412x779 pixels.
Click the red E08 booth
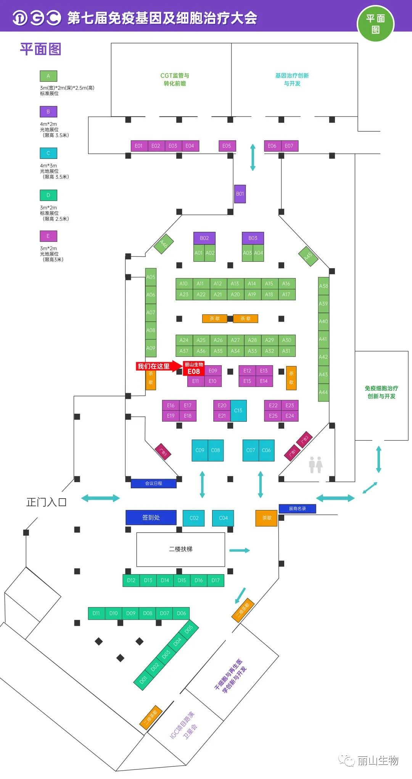(194, 369)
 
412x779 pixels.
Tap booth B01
(240, 194)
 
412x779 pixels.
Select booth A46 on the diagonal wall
(164, 244)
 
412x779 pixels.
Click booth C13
(238, 410)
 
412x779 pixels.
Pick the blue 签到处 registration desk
(151, 518)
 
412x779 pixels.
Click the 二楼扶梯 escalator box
(180, 549)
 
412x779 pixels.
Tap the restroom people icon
(315, 465)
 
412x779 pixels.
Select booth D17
(216, 580)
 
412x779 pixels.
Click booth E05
(227, 146)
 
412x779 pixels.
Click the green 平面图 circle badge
(375, 24)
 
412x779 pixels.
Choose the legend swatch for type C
(48, 153)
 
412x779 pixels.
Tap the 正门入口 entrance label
(46, 502)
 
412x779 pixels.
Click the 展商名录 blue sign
(297, 509)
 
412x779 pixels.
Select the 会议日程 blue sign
(153, 483)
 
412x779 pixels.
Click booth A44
(323, 392)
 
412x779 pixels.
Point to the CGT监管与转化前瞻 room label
(175, 79)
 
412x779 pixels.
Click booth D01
(143, 680)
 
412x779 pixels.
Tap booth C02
(194, 518)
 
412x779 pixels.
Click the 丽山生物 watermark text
(378, 761)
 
